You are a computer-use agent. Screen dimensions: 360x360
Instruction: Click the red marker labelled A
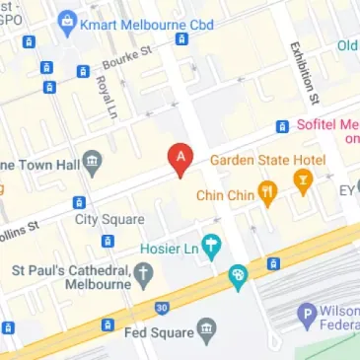180,158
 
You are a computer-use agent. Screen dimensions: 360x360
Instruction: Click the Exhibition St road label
303,71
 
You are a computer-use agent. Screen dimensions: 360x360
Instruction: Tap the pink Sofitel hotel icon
282,126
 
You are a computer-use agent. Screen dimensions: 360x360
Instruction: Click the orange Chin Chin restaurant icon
266,190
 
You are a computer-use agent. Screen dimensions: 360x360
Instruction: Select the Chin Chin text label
227,194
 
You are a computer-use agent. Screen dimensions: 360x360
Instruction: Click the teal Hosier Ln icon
209,244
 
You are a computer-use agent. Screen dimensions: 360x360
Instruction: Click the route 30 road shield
162,307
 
